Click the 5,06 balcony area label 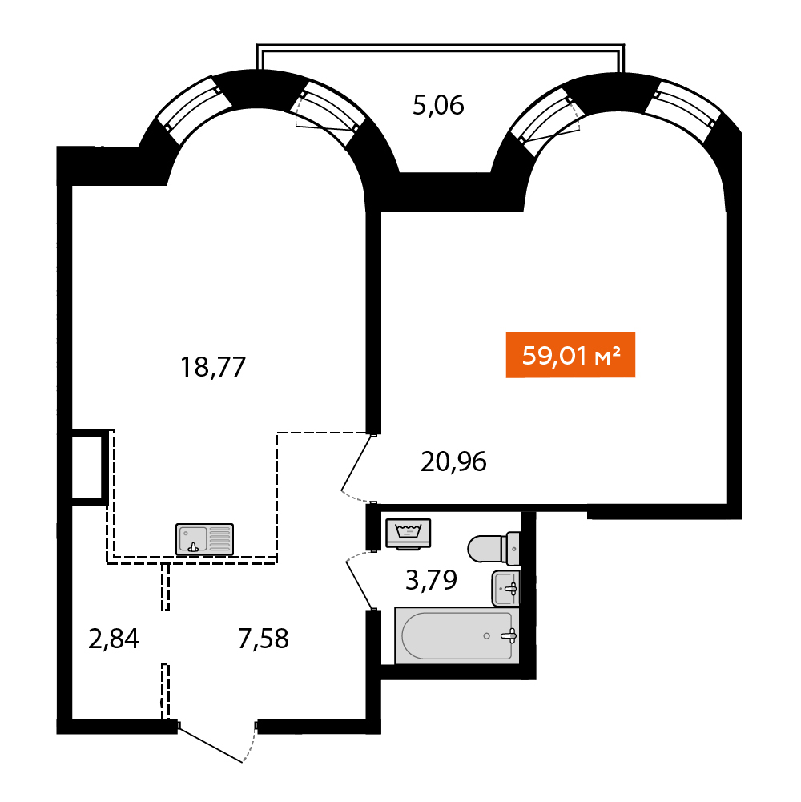[438, 106]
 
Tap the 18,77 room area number [213, 367]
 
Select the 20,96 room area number [453, 461]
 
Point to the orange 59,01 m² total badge [570, 355]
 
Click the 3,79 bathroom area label [431, 580]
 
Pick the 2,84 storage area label [114, 639]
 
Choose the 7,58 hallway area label [264, 639]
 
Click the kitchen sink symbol [204, 539]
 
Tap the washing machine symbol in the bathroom [409, 534]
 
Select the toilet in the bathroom [493, 548]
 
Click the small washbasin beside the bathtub [505, 588]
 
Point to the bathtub [457, 636]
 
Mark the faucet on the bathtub [509, 636]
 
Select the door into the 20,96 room [359, 467]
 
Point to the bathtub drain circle [486, 636]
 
